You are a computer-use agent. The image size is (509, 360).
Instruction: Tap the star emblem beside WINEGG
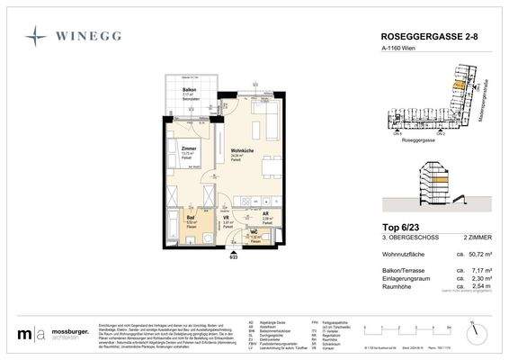point(36,38)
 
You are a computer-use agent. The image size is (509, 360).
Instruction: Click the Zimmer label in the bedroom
point(189,148)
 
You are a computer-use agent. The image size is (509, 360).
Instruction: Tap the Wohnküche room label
point(241,150)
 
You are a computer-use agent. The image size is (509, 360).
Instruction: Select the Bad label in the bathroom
point(191,217)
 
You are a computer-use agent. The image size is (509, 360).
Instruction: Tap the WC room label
point(254,230)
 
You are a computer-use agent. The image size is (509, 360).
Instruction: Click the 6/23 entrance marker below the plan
point(234,256)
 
